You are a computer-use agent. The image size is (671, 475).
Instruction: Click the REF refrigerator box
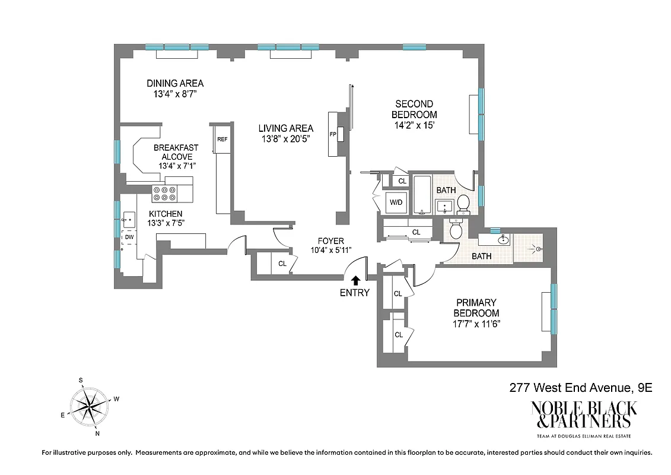[x=222, y=139]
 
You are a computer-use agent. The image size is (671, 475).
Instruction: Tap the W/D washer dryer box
[x=396, y=202]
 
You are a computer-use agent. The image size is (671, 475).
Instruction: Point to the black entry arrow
[x=355, y=280]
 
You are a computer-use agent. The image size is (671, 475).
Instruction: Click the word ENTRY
[x=355, y=292]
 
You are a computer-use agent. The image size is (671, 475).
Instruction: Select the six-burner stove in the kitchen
[x=165, y=194]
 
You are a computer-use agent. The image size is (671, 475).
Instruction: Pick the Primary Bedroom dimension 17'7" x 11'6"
[x=476, y=324]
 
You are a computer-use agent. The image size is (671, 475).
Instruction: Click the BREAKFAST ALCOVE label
[x=176, y=152]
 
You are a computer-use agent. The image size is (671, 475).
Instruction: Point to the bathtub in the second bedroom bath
[x=422, y=194]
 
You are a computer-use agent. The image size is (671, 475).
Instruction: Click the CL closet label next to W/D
[x=402, y=180]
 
